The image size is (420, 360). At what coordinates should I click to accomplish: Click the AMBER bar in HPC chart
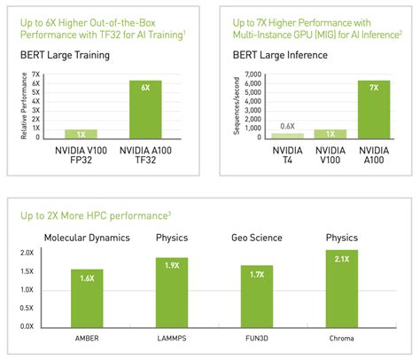[x=88, y=296]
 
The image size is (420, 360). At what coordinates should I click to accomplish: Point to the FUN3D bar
[x=257, y=294]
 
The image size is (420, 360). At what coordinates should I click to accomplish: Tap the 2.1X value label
[x=341, y=258]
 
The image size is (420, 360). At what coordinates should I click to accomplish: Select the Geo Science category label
[x=257, y=237]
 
